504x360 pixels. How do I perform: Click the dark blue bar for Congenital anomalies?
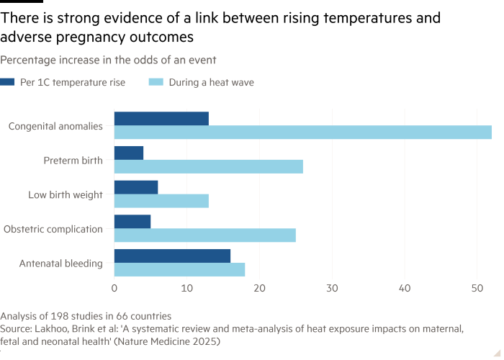(162, 119)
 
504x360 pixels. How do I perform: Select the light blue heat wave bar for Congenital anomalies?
(303, 132)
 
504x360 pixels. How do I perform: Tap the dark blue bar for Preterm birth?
(130, 153)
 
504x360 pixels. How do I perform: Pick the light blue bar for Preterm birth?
(209, 166)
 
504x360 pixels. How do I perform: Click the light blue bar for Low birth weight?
(162, 201)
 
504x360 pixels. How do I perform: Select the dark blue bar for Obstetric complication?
(133, 222)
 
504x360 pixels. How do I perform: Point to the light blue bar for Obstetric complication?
(205, 235)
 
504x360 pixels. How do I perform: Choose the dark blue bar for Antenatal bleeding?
(173, 256)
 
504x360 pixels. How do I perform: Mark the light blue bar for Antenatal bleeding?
(180, 269)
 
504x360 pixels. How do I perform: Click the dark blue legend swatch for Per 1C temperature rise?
(7, 83)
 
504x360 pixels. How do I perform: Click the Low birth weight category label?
(66, 194)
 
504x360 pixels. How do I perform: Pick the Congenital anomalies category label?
(56, 126)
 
